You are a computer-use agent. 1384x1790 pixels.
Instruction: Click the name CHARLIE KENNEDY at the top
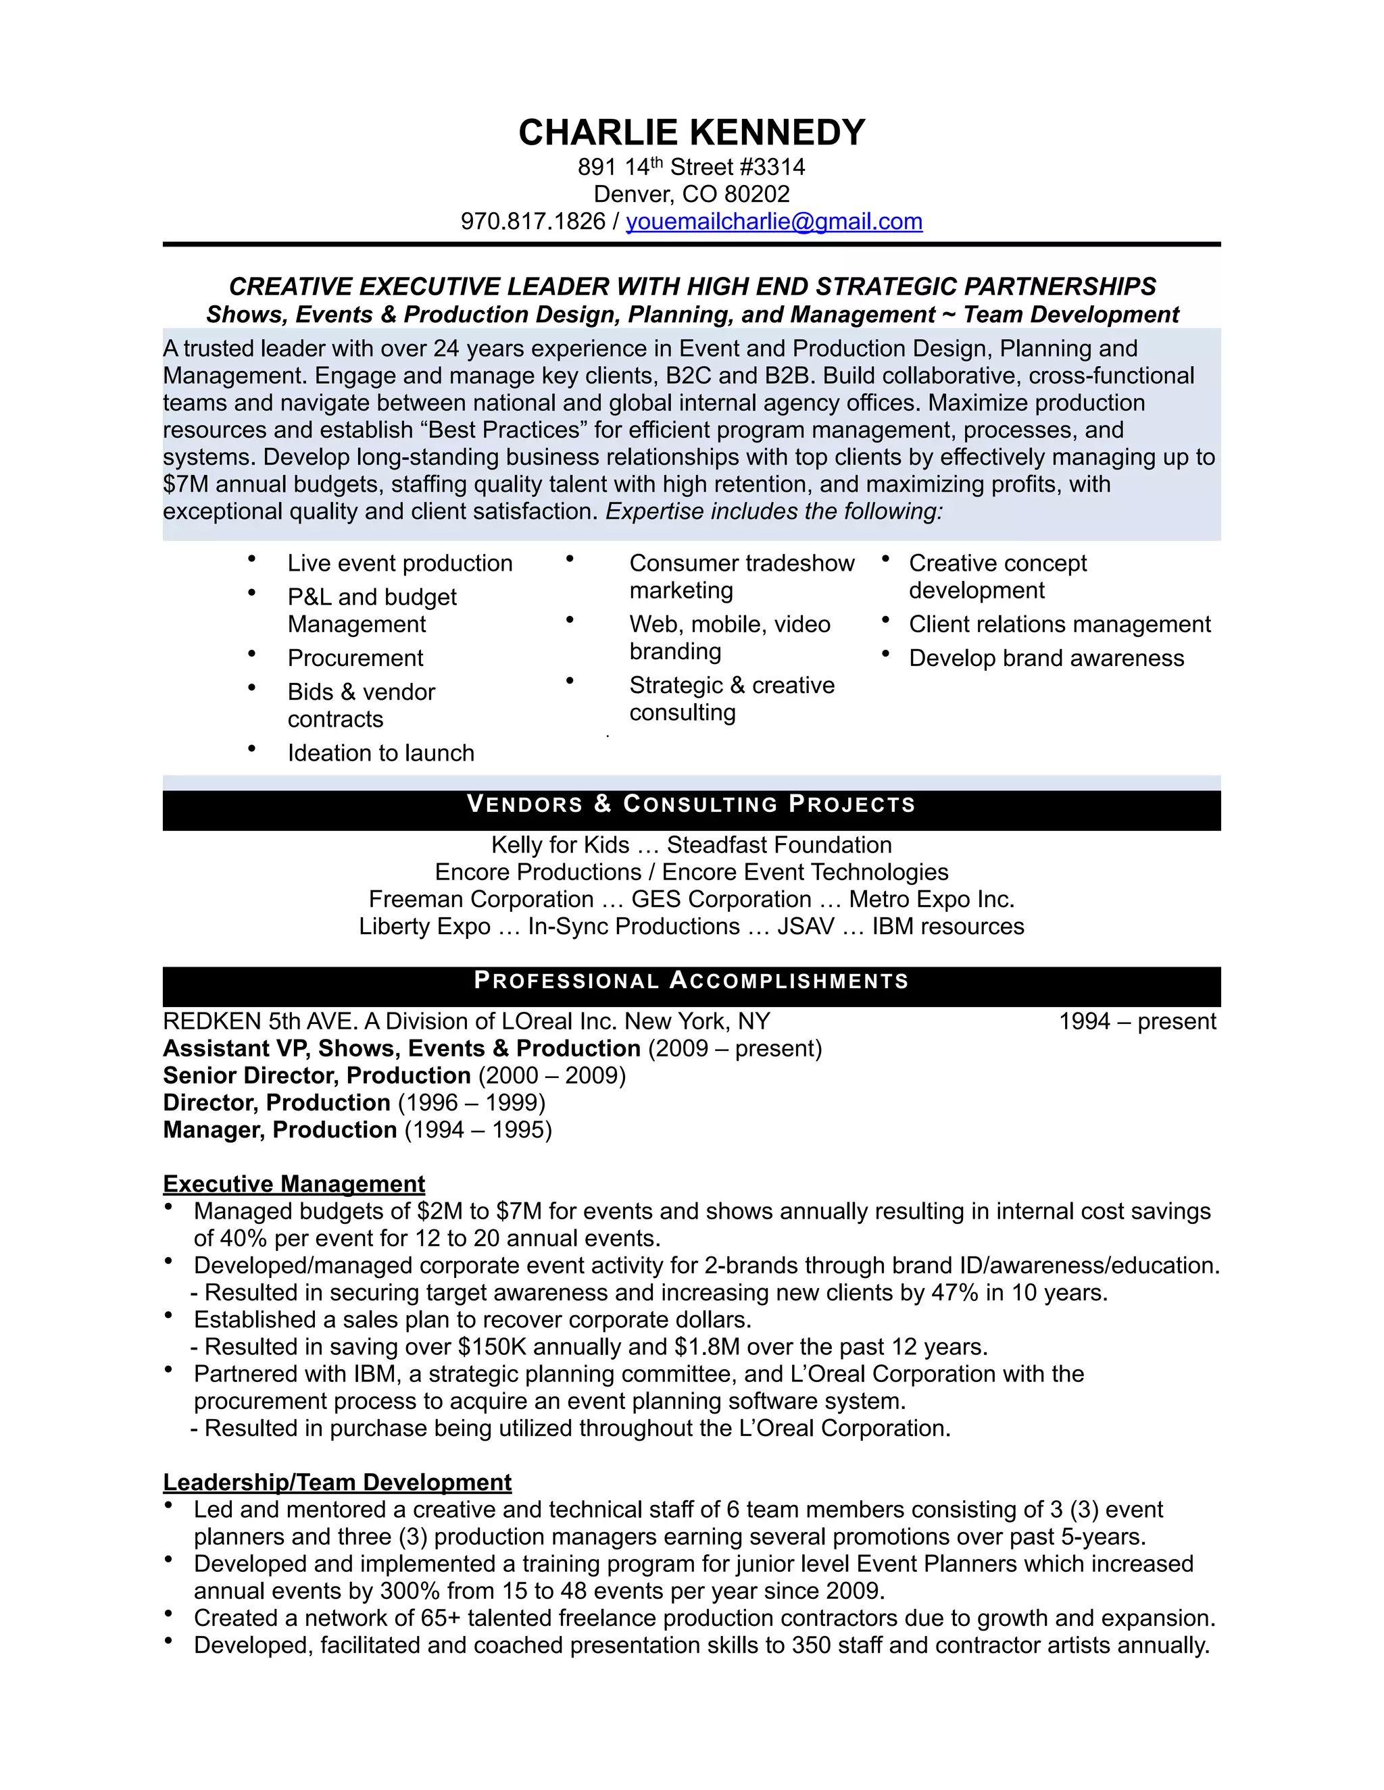691,133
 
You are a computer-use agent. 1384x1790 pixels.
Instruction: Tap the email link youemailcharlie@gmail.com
774,222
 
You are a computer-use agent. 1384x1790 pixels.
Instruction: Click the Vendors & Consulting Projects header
691,804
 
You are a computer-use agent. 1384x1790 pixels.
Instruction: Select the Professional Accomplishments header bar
691,981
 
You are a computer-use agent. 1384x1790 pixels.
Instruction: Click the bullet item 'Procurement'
355,658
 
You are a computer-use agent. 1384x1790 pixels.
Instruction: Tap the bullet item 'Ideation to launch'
380,753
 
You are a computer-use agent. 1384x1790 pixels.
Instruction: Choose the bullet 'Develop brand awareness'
1046,658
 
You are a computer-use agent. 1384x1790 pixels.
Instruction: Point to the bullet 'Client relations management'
1060,625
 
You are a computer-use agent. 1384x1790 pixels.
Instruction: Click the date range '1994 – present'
1137,1021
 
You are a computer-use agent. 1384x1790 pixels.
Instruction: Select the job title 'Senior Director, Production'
316,1075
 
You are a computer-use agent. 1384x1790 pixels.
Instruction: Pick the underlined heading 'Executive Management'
293,1183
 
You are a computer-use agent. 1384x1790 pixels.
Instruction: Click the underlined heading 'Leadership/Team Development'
337,1482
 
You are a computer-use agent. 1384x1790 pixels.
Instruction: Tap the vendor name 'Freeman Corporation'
481,899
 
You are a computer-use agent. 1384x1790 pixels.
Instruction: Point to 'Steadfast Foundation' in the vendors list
779,845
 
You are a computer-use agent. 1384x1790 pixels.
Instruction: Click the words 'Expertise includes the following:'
774,511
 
